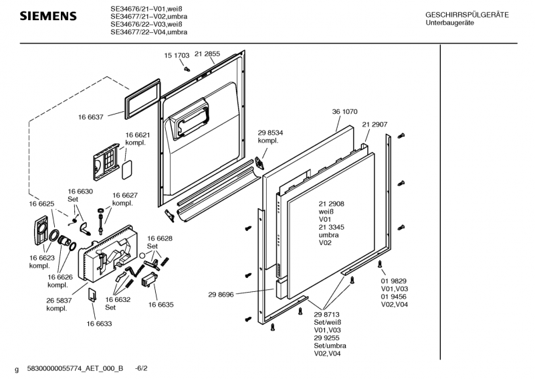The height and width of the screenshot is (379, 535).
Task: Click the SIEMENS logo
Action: pos(48,16)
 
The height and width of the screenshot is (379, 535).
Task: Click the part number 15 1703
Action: pos(177,56)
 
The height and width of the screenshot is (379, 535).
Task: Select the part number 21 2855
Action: pos(207,54)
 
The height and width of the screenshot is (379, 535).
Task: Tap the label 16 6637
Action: pos(91,117)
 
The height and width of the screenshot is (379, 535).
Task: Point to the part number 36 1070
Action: pos(344,111)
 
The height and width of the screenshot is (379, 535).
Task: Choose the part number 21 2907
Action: pos(374,125)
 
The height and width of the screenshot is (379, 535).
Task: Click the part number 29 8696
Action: pos(221,295)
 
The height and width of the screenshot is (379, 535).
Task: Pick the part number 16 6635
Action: pos(160,305)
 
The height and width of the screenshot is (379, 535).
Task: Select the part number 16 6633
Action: pos(99,323)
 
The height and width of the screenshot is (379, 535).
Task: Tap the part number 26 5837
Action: pos(59,301)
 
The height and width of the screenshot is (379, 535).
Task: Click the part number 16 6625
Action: pos(41,204)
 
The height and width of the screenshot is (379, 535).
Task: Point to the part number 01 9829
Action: pos(394,281)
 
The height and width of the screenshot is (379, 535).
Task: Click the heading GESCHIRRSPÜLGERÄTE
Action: pos(467,15)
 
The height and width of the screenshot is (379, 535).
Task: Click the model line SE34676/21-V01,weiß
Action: pos(148,9)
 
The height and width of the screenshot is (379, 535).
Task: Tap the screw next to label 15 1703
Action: pos(187,69)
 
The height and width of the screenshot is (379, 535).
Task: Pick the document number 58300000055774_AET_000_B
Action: pos(75,368)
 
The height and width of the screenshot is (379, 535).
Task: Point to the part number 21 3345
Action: pos(331,227)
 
